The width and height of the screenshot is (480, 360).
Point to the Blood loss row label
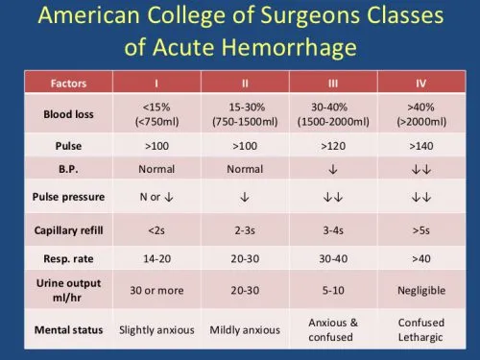coord(69,114)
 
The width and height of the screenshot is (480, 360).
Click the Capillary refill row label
coord(69,230)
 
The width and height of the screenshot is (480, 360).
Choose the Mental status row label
coord(69,329)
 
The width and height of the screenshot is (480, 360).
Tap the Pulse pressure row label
coord(69,202)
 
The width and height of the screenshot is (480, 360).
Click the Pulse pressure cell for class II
coord(244,202)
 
